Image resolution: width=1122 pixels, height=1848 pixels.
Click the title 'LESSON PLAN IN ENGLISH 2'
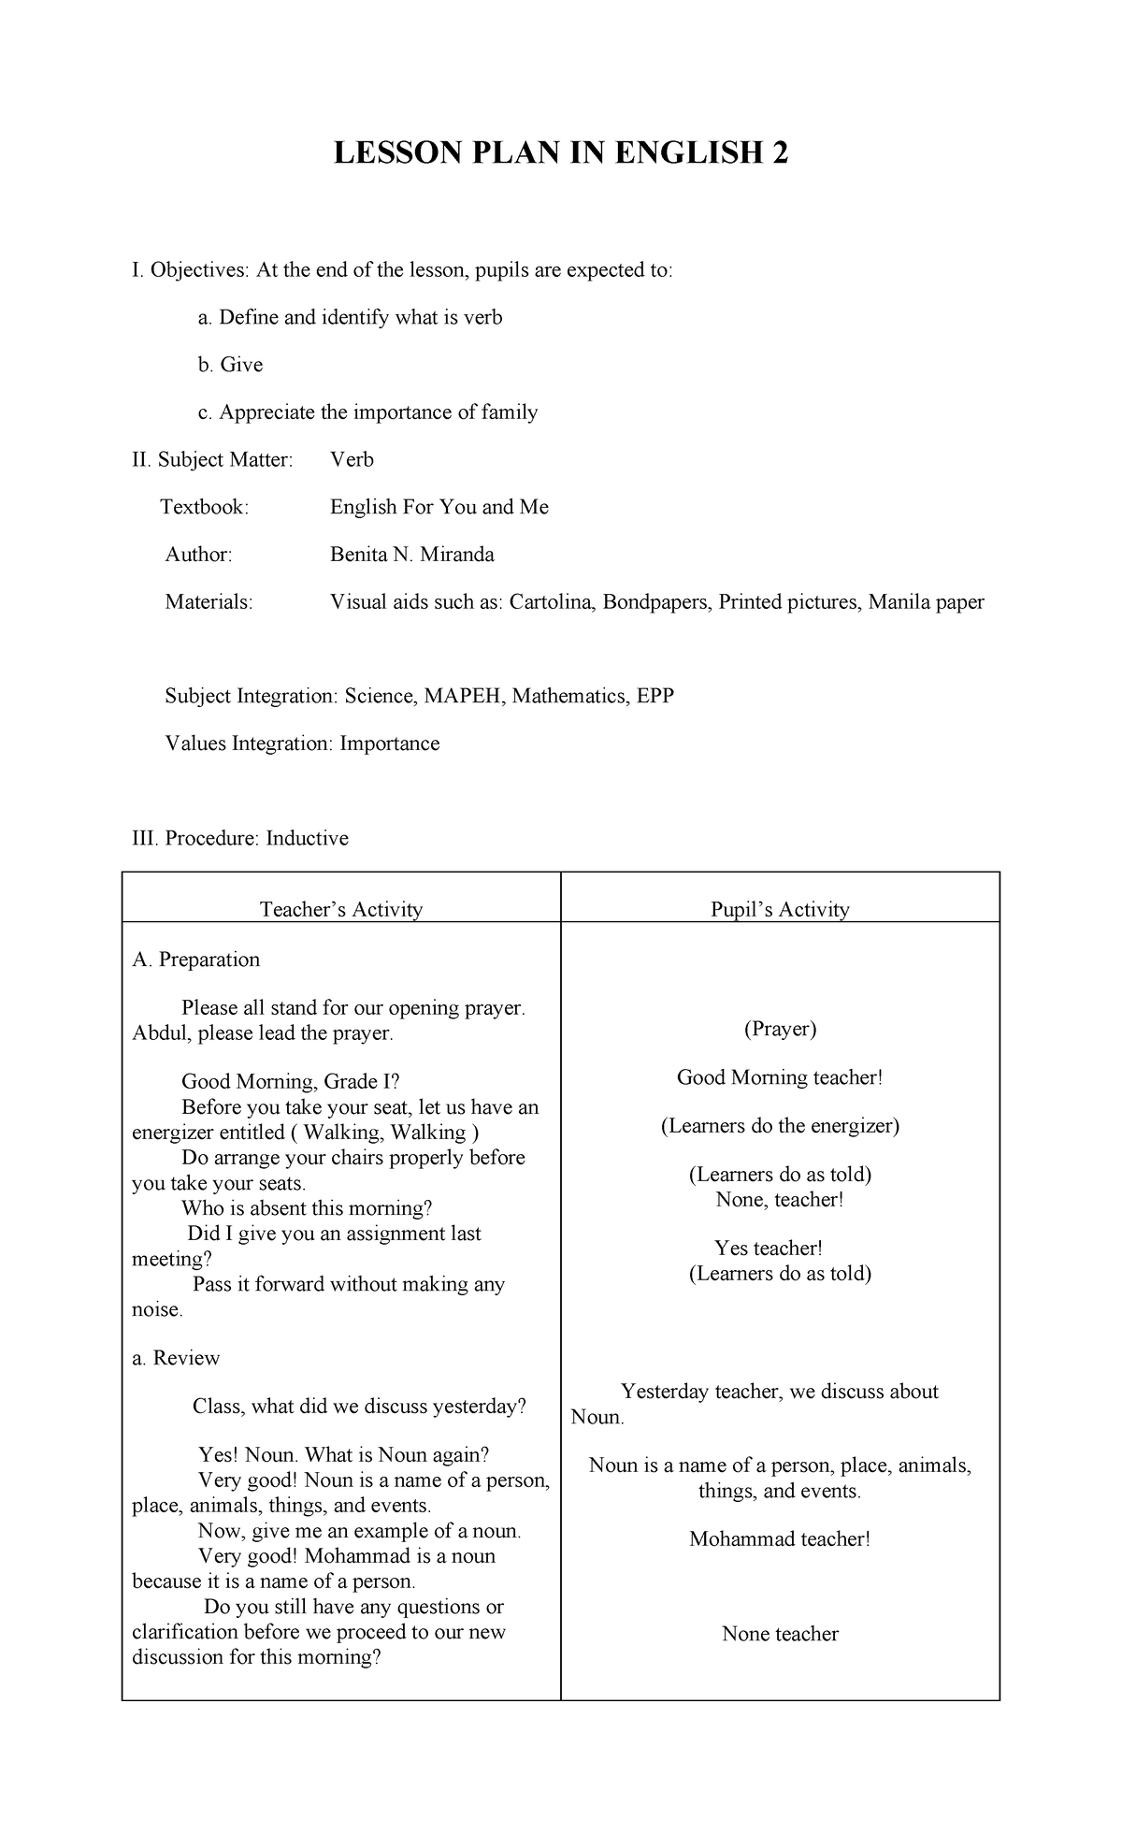tap(561, 152)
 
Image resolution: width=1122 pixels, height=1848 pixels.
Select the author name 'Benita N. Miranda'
tap(411, 555)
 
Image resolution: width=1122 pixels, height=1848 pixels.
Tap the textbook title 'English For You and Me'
tap(439, 507)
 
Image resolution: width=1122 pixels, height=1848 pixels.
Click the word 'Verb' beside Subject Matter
tap(352, 459)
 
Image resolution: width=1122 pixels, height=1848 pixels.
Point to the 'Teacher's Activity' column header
tap(341, 909)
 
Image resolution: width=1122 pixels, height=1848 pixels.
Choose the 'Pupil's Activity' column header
tap(780, 909)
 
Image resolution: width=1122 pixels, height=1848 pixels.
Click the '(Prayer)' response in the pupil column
tap(780, 1029)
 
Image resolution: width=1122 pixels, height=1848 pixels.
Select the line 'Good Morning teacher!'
tap(780, 1077)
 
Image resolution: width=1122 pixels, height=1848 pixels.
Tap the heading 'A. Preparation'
tap(196, 960)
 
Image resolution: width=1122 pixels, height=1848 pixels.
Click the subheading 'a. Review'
tap(177, 1358)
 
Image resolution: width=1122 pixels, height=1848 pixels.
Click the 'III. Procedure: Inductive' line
tap(240, 838)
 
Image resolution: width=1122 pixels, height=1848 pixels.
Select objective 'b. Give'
tap(230, 365)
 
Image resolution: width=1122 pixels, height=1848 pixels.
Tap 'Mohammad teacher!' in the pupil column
tap(780, 1539)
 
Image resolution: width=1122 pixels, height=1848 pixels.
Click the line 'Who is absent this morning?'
tap(307, 1208)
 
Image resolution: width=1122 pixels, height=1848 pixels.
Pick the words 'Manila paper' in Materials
tap(926, 601)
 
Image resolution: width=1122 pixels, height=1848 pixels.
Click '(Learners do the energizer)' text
tap(780, 1126)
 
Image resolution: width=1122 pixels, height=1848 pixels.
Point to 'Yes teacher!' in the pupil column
tap(769, 1248)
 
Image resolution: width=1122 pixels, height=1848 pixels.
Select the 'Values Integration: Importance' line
tap(302, 744)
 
